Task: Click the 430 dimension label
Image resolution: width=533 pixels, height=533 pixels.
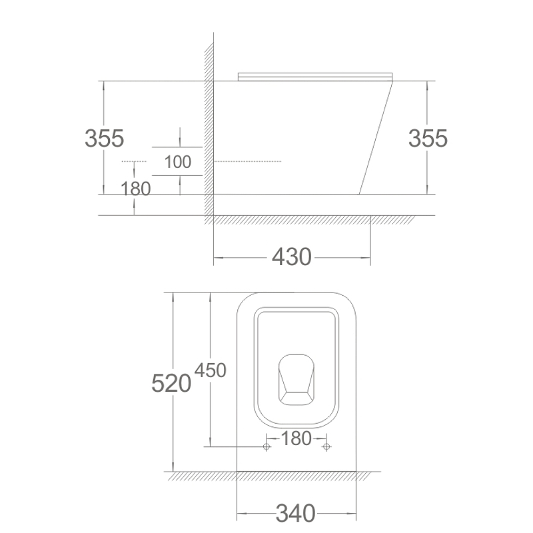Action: pos(292,257)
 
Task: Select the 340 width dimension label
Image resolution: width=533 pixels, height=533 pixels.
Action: pos(295,513)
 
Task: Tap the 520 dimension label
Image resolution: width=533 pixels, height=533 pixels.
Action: pos(171,383)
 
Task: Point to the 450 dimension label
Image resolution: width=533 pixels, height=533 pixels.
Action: pos(211,370)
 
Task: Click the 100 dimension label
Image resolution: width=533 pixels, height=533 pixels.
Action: pos(178,162)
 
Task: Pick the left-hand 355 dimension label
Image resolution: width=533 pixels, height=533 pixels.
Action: pos(105,139)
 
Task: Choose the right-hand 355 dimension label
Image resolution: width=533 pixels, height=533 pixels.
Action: pos(428,139)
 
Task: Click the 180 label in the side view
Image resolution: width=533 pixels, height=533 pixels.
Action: pos(136,189)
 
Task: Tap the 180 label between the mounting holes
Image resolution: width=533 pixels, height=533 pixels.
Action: pos(296,438)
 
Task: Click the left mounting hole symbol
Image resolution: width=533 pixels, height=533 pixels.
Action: pos(266,446)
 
